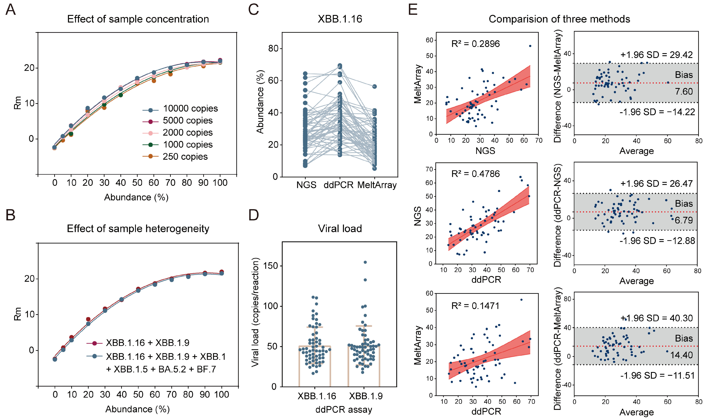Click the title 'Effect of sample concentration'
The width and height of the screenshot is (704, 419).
pyautogui.click(x=138, y=19)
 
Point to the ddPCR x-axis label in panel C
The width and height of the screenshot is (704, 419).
pyautogui.click(x=338, y=185)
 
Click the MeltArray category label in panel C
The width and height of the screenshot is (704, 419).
pyautogui.click(x=377, y=185)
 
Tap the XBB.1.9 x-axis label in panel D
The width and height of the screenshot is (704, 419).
pyautogui.click(x=366, y=396)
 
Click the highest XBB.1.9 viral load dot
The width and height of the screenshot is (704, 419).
pyautogui.click(x=365, y=262)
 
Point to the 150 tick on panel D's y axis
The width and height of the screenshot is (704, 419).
pyautogui.click(x=270, y=266)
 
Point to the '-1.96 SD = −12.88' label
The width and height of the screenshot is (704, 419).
pyautogui.click(x=657, y=241)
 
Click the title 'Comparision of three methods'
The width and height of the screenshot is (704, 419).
pyautogui.click(x=559, y=19)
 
